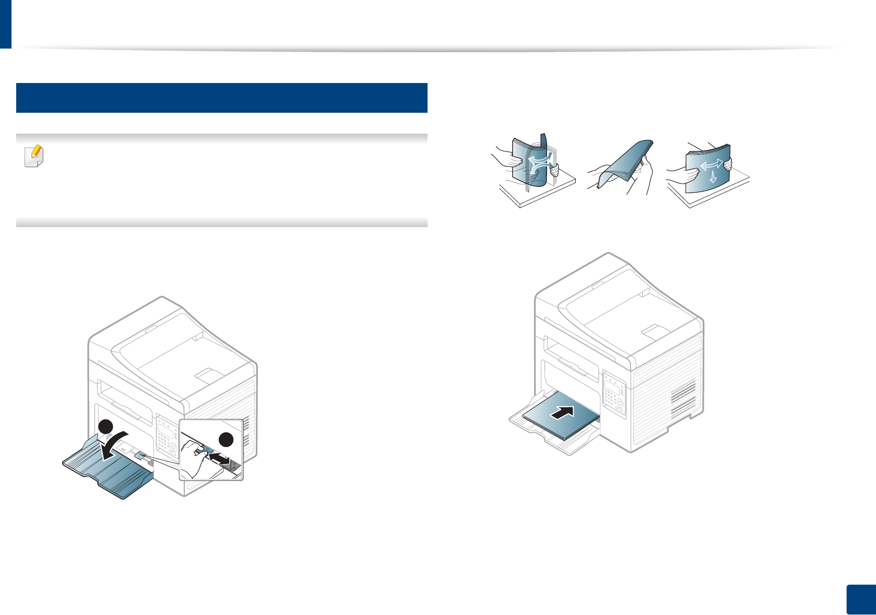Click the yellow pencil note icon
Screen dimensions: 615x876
(x=34, y=156)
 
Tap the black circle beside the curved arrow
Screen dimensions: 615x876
(x=106, y=426)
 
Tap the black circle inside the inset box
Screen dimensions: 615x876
(x=227, y=440)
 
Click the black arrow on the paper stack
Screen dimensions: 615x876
(x=562, y=411)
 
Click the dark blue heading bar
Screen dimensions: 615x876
(x=222, y=98)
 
